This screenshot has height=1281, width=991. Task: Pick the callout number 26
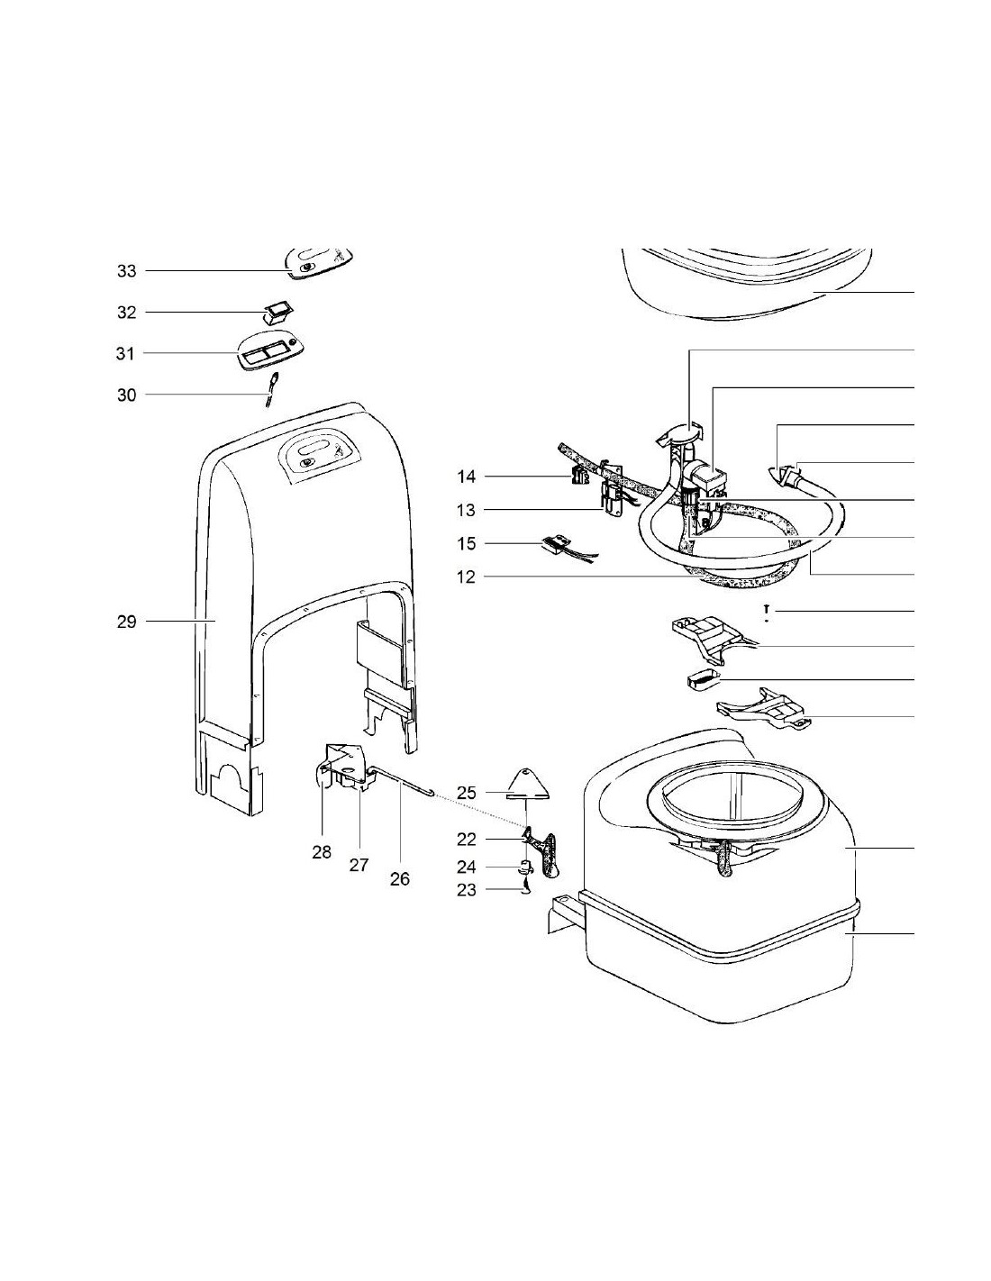[x=399, y=878]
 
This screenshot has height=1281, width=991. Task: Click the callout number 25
[x=466, y=794]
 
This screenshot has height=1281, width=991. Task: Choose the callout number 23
[x=466, y=890]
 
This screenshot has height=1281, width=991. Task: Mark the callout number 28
[x=322, y=851]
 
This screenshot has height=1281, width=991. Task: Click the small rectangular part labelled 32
[x=275, y=313]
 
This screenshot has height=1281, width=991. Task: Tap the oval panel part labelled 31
[x=267, y=351]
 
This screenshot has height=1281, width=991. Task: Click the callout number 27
[x=359, y=865]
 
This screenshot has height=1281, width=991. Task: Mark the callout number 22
[x=466, y=840]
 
